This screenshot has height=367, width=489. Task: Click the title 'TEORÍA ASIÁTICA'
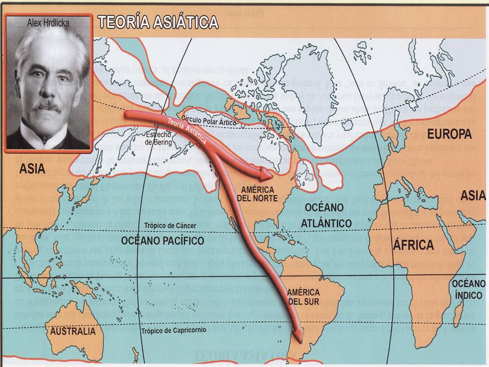158,22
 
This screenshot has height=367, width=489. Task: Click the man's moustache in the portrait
47,106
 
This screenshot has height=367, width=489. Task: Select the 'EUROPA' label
449,135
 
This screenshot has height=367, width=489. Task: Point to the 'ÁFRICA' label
413,245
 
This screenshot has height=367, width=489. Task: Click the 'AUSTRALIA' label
72,331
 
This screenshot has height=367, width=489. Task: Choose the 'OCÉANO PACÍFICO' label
162,240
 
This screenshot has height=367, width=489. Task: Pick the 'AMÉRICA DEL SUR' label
303,297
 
